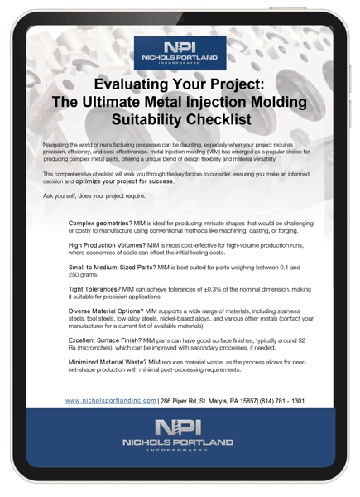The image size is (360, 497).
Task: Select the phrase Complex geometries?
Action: click(100, 224)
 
